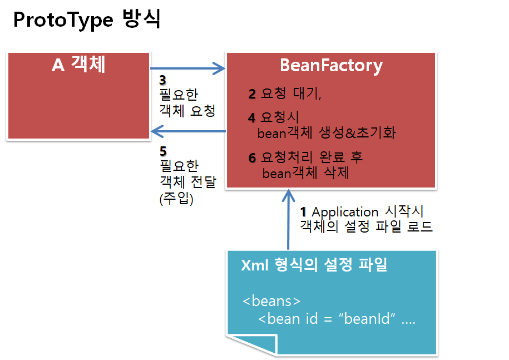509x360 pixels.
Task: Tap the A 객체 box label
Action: point(78,66)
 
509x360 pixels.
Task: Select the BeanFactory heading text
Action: point(331,66)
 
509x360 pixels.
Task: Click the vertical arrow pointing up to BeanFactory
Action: point(288,220)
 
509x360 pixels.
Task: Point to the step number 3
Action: point(163,80)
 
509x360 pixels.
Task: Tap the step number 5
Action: point(163,151)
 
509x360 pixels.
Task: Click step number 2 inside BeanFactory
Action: point(252,94)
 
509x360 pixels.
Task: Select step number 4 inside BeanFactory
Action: point(252,118)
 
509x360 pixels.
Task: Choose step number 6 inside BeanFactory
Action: point(252,157)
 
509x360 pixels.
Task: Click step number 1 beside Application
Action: point(304,212)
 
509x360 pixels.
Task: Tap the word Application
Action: point(345,212)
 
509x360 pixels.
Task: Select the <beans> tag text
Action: point(271,301)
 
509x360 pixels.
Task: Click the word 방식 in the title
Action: point(141,20)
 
